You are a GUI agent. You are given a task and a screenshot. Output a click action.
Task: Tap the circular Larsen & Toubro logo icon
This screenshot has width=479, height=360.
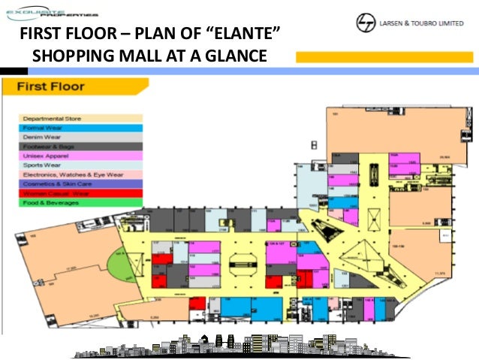[x=367, y=23]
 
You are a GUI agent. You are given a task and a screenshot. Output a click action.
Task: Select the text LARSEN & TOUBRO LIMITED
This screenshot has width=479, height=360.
[x=425, y=23]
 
